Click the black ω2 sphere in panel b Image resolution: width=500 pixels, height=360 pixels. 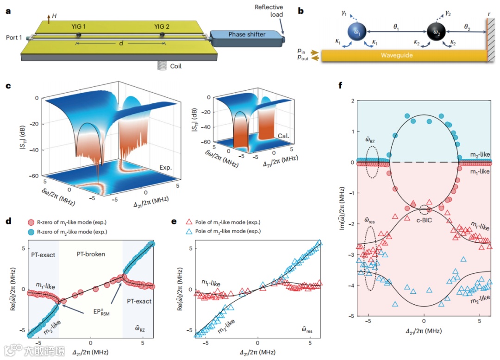click(436, 32)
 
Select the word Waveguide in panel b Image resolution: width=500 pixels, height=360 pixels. click(396, 55)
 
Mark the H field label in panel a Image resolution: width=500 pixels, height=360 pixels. click(55, 16)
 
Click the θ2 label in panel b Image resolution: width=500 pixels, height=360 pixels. click(472, 28)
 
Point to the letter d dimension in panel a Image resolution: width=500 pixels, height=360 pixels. click(121, 43)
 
